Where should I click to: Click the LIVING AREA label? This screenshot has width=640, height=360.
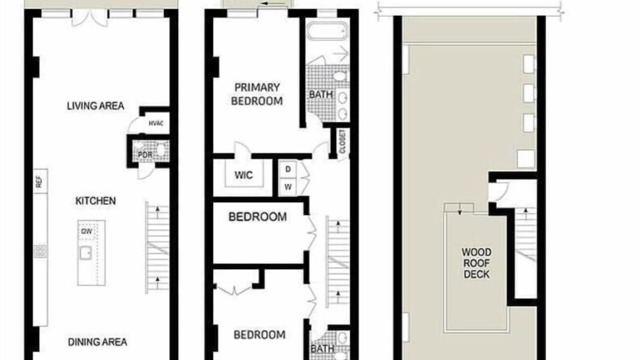95,106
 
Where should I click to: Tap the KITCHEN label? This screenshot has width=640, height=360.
95,201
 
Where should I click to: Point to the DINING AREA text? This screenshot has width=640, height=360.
97,342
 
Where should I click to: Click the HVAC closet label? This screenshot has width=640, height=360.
156,123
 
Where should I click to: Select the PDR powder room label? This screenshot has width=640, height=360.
145,155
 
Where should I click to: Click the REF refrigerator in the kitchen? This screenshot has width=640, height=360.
40,181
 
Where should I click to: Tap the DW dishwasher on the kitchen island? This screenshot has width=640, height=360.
87,231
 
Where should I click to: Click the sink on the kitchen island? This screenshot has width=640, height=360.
85,253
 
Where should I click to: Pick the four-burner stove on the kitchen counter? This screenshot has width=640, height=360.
40,251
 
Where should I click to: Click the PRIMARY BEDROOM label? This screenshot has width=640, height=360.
257,94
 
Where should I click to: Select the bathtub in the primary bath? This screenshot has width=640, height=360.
327,31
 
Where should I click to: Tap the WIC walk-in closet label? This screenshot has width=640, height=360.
243,175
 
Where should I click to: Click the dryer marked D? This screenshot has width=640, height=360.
288,169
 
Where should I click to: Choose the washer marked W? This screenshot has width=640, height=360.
288,187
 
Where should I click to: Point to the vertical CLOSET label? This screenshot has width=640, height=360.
342,141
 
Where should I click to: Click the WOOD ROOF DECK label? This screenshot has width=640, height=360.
476,263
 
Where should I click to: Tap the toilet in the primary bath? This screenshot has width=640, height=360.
340,76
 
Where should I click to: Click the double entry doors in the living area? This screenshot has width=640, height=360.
89,17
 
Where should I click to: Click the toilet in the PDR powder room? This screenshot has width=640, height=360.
161,150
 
